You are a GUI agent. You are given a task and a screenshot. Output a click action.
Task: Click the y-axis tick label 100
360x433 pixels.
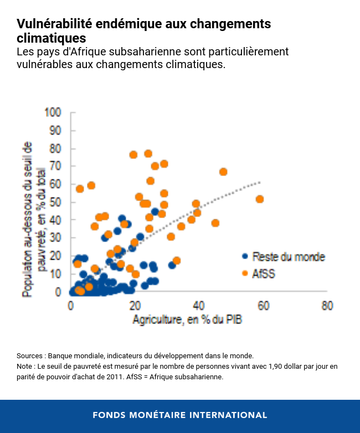click(x=53, y=112)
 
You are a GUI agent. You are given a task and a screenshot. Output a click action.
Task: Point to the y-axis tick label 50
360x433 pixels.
click(x=55, y=202)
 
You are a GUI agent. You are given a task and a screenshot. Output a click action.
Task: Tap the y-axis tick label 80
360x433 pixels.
click(x=55, y=148)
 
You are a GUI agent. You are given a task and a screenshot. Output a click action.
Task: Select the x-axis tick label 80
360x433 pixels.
click(x=327, y=306)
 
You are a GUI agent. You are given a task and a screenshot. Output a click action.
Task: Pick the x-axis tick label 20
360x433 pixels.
click(x=135, y=306)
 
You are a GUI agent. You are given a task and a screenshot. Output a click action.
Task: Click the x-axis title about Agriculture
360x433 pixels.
click(x=187, y=320)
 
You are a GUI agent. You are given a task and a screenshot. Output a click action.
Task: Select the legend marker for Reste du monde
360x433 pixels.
click(x=244, y=256)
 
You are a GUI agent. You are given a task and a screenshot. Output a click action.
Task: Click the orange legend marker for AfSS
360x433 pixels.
click(x=244, y=273)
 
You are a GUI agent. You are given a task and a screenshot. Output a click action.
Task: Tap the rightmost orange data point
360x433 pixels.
click(x=260, y=199)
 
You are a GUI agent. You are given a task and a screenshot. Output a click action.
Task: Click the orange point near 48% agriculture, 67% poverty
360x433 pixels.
click(x=223, y=172)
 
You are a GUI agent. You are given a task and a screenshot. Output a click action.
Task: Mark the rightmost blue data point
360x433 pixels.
click(x=172, y=265)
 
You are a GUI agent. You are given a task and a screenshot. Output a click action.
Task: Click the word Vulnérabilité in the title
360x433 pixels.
click(x=55, y=24)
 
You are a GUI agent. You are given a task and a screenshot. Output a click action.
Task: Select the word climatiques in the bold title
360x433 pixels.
click(x=52, y=38)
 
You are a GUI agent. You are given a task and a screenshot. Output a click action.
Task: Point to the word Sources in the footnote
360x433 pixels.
click(x=29, y=355)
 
